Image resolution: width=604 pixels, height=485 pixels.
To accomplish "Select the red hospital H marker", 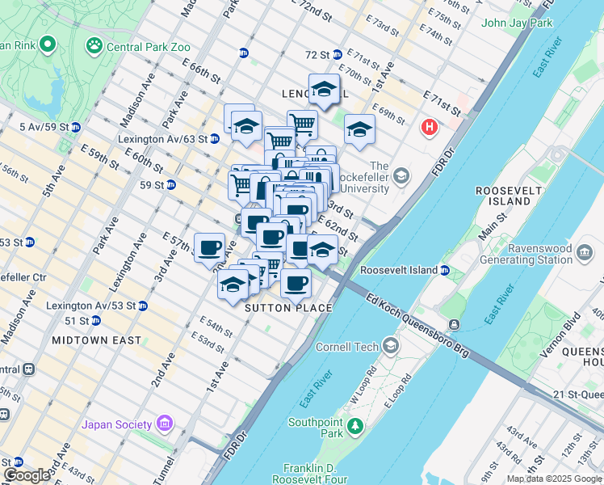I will tap(430, 127).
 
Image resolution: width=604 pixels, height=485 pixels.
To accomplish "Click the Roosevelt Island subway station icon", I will tap(445, 270).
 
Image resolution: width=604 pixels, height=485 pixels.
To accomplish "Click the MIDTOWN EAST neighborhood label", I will tap(96, 340).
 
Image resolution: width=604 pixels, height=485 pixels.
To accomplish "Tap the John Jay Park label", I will tap(517, 23).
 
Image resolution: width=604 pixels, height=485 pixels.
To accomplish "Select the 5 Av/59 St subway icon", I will tap(75, 127).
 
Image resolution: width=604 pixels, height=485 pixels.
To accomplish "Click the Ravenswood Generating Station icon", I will tap(584, 254).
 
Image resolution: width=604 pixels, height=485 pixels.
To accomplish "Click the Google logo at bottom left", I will tap(27, 474).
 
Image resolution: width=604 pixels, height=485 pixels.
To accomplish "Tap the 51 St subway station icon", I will tap(96, 321).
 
